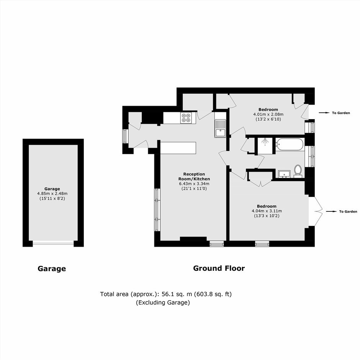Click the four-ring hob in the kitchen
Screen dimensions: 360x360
[186, 118]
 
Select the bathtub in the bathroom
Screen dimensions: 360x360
[290, 144]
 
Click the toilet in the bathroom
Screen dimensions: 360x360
[298, 171]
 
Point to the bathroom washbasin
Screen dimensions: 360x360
[284, 174]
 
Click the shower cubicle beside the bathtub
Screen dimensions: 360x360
[266, 146]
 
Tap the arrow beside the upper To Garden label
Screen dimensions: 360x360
[324, 113]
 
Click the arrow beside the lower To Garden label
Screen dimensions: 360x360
[331, 211]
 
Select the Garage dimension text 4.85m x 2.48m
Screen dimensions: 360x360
[52, 193]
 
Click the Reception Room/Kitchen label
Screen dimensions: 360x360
[194, 177]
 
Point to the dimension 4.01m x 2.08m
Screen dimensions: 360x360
[268, 115]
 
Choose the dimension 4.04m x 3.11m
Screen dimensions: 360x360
[267, 211]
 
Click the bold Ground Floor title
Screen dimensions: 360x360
[219, 268]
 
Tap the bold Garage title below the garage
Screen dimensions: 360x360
[52, 268]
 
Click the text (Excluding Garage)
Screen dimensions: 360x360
[163, 303]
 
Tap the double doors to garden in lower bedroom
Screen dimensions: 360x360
[316, 211]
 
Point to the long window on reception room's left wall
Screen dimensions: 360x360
[157, 209]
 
